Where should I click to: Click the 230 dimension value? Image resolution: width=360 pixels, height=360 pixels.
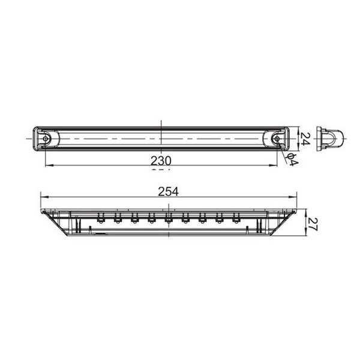pyautogui.click(x=162, y=160)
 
